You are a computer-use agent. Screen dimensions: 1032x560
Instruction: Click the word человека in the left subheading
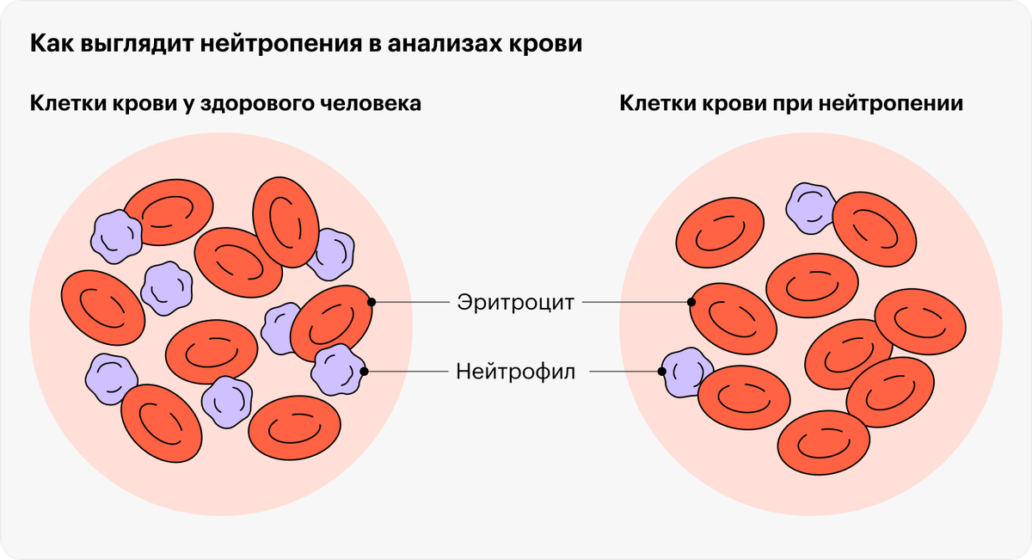[371, 103]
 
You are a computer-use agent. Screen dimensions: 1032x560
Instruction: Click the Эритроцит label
[515, 303]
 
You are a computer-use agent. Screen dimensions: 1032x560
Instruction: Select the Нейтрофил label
[515, 372]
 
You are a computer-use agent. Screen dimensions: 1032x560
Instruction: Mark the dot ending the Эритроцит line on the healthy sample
[372, 302]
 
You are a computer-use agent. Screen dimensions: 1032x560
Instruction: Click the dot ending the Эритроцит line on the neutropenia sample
[691, 302]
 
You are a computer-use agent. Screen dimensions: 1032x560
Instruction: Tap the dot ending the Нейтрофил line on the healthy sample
[364, 371]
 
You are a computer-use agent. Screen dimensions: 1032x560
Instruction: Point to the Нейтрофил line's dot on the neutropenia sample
[661, 371]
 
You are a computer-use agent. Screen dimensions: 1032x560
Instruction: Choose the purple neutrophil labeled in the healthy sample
[339, 370]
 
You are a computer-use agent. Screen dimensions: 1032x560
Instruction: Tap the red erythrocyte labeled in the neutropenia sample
[733, 319]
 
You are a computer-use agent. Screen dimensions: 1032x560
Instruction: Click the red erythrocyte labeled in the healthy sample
[332, 323]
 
